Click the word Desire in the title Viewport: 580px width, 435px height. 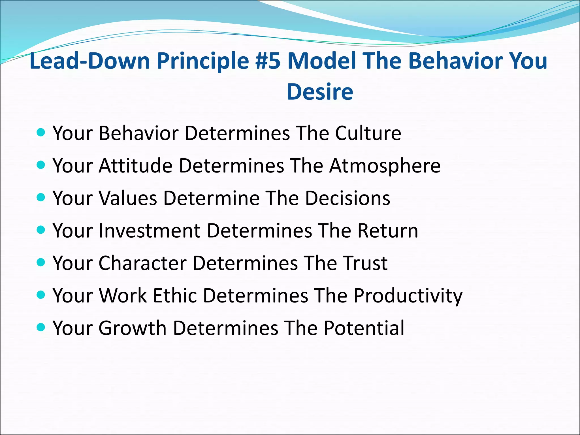[320, 92]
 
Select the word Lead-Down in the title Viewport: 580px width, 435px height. [89, 61]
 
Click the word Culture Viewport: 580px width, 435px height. [368, 133]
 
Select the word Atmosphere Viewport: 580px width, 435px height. [385, 165]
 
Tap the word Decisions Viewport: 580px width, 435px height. [347, 198]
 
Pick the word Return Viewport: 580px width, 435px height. [387, 230]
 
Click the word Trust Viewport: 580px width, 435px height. [365, 263]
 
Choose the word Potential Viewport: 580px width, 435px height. [364, 328]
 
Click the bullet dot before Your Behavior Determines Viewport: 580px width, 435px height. [41, 132]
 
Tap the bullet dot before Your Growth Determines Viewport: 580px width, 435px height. [41, 327]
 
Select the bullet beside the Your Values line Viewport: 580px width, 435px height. [41, 197]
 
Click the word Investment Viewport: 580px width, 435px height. [150, 230]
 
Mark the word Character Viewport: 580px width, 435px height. [142, 263]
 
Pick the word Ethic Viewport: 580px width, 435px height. [175, 295]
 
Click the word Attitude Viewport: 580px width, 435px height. [135, 165]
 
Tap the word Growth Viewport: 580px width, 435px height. [133, 328]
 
